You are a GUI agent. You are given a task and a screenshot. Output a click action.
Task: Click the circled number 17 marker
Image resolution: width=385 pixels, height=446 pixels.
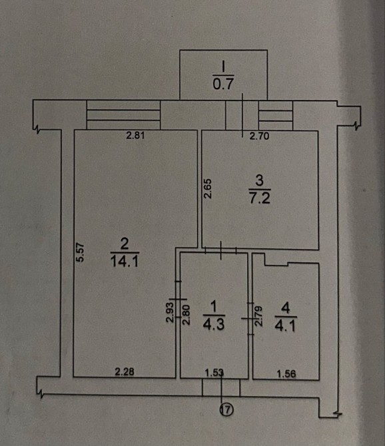click(226, 409)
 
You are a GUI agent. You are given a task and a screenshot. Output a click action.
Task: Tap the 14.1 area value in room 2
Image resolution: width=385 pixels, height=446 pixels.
click(125, 261)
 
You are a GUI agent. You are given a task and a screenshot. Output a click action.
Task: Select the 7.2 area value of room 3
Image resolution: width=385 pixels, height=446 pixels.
click(260, 198)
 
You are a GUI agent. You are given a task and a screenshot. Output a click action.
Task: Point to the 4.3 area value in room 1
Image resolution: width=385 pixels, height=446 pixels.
click(214, 324)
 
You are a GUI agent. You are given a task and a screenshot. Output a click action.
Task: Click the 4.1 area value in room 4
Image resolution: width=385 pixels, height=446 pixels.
click(285, 326)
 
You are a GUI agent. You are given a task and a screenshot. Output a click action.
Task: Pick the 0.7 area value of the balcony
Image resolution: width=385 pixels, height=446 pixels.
click(223, 84)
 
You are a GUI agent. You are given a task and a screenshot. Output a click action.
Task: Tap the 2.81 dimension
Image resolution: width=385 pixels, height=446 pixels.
click(135, 135)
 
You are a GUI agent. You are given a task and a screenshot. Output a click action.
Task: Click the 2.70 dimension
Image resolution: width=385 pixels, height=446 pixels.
click(259, 136)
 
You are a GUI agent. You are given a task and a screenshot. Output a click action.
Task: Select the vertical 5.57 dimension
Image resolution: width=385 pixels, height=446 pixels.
click(80, 252)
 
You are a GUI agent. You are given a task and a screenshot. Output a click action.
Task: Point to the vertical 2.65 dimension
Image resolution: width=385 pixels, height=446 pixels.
click(208, 188)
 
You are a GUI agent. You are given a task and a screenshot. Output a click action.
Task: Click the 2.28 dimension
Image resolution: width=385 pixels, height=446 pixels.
click(125, 371)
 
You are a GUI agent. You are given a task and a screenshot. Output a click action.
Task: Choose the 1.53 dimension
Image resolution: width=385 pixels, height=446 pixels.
click(214, 373)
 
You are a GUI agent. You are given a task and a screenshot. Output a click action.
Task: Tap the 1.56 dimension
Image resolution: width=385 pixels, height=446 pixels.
click(286, 373)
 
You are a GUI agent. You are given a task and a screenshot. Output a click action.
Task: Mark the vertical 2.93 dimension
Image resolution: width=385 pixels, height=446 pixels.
click(170, 312)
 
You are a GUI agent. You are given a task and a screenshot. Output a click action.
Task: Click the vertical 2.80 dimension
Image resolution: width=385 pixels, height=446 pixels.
click(186, 315)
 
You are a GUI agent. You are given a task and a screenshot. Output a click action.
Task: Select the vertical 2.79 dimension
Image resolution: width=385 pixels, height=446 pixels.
click(258, 316)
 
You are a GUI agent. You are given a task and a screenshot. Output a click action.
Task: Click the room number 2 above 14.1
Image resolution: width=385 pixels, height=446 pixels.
click(125, 244)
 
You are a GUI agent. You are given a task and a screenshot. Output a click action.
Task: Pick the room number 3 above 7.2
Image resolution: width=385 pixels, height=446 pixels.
click(260, 180)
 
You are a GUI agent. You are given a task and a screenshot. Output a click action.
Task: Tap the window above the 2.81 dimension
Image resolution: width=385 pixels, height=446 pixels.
click(123, 115)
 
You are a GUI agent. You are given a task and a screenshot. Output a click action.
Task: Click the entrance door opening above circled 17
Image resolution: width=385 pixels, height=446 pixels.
click(221, 387)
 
